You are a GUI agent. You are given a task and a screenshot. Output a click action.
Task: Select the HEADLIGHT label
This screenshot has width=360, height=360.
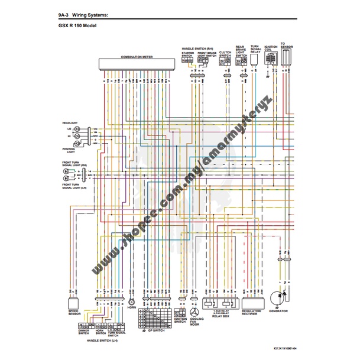coord(70,122)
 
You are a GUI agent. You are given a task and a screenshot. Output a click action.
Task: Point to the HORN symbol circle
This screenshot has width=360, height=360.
coord(131,292)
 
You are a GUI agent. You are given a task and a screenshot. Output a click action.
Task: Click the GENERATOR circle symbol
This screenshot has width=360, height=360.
coord(277,298)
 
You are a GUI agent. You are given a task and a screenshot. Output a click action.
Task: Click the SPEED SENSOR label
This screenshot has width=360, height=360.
coord(74,313)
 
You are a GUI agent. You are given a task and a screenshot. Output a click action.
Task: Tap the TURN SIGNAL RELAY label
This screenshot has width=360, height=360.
coord(255,49)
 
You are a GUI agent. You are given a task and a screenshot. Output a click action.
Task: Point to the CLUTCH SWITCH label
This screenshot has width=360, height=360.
coord(225,53)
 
